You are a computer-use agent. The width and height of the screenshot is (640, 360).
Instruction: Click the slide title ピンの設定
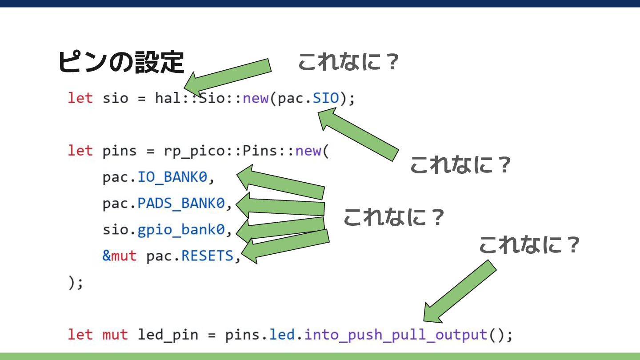[x=121, y=62]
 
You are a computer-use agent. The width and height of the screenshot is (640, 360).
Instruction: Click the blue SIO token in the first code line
[x=326, y=98]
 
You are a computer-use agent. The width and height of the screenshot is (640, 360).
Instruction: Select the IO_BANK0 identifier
[x=172, y=177]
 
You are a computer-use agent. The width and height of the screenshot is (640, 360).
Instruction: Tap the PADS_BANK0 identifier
[x=181, y=204]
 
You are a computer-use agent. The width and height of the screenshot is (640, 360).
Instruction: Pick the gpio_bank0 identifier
[x=181, y=230]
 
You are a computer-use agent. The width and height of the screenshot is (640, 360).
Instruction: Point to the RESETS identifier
[x=208, y=256]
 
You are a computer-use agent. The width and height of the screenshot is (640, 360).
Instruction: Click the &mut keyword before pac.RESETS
[x=120, y=256]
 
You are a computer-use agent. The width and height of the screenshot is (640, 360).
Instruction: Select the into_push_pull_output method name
[x=396, y=335]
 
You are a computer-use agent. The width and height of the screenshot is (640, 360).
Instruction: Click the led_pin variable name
[x=168, y=335]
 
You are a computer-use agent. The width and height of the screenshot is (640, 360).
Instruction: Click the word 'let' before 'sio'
[x=80, y=98]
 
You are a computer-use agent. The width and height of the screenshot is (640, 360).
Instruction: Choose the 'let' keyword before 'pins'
[x=80, y=151]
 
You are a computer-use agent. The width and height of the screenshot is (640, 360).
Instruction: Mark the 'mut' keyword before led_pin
[x=115, y=335]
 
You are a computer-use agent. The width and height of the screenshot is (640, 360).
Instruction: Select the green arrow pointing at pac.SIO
[x=358, y=134]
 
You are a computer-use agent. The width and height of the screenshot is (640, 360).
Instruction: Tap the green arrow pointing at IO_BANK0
[x=280, y=182]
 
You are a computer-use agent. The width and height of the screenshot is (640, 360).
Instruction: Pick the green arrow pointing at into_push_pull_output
[x=460, y=292]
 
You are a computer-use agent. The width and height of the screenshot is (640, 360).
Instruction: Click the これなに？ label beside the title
[x=348, y=62]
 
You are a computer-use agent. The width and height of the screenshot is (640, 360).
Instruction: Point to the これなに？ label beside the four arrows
[x=394, y=217]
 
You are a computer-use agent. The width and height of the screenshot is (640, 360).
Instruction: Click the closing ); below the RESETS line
[x=76, y=283]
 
